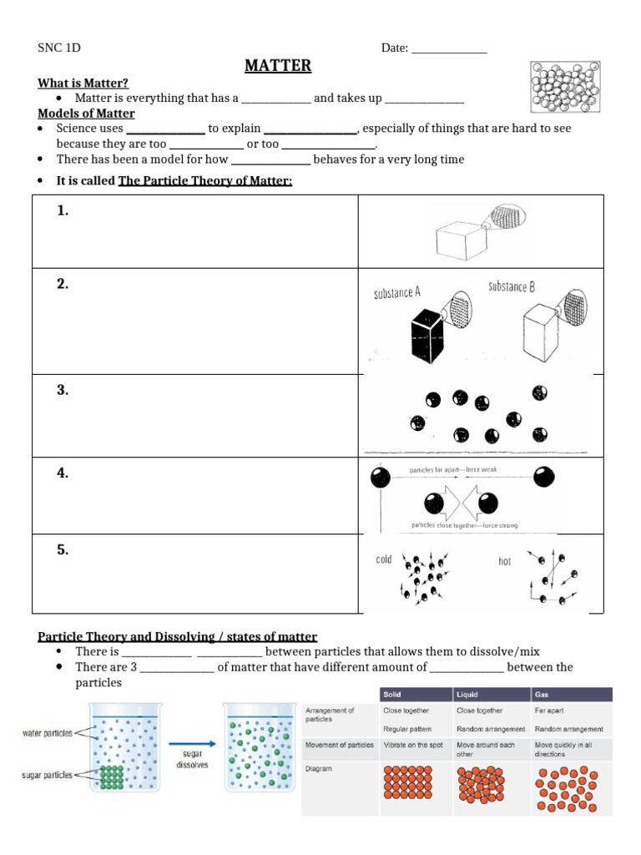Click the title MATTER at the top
[x=278, y=66]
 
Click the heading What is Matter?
[x=83, y=83]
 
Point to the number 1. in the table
[x=63, y=211]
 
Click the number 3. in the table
[x=63, y=390]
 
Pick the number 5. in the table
[x=63, y=549]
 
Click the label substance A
[x=396, y=292]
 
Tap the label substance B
[x=511, y=287]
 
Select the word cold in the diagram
[x=384, y=560]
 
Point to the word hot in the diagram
[x=504, y=562]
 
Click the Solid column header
[x=392, y=695]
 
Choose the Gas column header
[x=543, y=695]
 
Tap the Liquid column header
[x=467, y=695]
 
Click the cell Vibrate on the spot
[x=413, y=745]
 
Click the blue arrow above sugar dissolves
[x=191, y=742]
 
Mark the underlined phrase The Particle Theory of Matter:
[x=205, y=181]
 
